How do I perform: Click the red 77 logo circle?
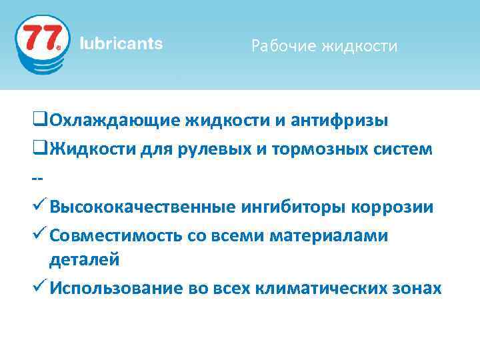(x=41, y=41)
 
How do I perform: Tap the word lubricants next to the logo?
(x=121, y=44)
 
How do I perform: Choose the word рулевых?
(x=205, y=149)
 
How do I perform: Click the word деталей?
(x=84, y=259)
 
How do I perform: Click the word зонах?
(x=417, y=288)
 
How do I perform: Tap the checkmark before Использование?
(x=38, y=287)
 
